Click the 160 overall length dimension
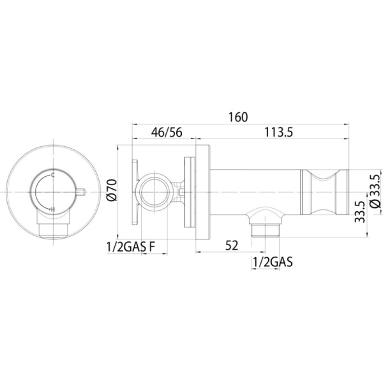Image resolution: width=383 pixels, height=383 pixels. (x=238, y=117)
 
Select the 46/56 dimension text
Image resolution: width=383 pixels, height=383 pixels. (x=167, y=132)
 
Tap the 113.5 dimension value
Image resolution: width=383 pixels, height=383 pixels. (x=279, y=132)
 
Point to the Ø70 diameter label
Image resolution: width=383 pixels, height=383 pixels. (x=112, y=190)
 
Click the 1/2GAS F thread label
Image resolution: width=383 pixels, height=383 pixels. (x=131, y=247)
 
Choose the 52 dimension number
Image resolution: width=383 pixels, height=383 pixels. (x=232, y=246)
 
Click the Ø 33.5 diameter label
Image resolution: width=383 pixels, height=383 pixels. (x=375, y=191)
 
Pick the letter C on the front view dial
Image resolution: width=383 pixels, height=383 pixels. (x=52, y=175)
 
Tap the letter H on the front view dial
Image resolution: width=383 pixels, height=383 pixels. (x=53, y=209)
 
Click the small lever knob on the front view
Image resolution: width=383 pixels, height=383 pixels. (x=80, y=191)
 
